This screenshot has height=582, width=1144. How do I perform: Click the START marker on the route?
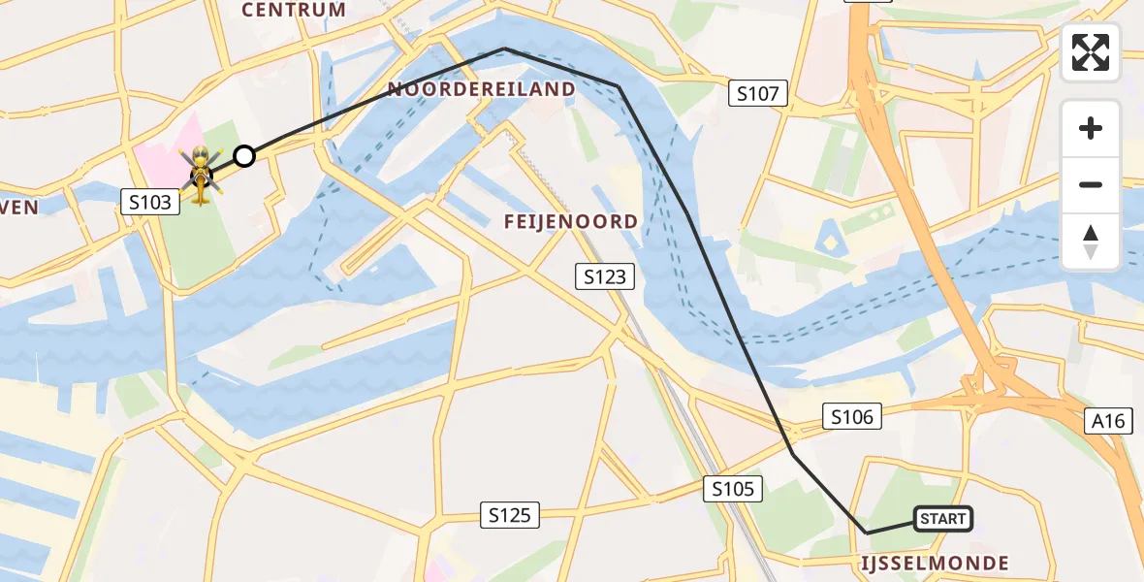pos(942,519)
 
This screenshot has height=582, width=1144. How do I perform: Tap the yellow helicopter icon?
pos(200,175)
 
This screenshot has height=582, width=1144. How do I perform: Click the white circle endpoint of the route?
pos(244,156)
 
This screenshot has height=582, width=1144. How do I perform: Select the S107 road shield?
pos(758,94)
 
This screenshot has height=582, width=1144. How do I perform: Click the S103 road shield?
pos(149,202)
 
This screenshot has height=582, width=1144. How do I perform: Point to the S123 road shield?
pos(605,276)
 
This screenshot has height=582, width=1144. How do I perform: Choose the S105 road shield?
pos(733,489)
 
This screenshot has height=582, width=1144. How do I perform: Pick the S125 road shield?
pos(510,515)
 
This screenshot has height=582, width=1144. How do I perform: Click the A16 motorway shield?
pos(1107,420)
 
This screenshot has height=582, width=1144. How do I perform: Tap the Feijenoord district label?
pos(570,222)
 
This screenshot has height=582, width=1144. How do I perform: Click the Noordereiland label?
pos(482,90)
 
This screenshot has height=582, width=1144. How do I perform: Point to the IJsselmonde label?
pos(935,563)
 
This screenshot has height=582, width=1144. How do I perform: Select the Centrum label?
pos(294,11)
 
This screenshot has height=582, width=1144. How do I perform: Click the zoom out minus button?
pos(1091,184)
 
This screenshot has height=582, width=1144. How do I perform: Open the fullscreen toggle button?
pos(1091,52)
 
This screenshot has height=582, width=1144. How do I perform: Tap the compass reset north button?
pos(1091,242)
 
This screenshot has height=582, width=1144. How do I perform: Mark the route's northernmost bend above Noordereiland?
pos(504,48)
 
